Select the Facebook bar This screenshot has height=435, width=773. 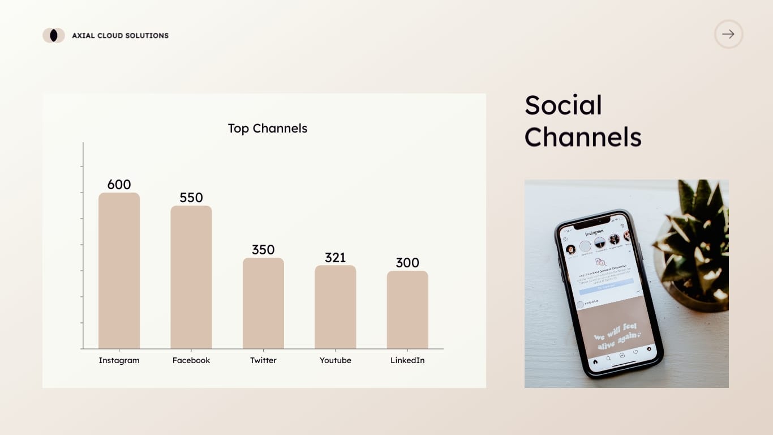pyautogui.click(x=191, y=277)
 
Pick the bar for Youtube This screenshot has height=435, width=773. pyautogui.click(x=336, y=307)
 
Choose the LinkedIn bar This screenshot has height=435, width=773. pyautogui.click(x=407, y=310)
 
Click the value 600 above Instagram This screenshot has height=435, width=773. pyautogui.click(x=119, y=185)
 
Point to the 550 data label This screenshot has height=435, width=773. pyautogui.click(x=191, y=198)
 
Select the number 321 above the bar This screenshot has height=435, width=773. pyautogui.click(x=336, y=258)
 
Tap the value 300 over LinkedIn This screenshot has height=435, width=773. pyautogui.click(x=407, y=263)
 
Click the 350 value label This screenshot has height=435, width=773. pyautogui.click(x=263, y=250)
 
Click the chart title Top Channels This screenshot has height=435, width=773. pyautogui.click(x=267, y=129)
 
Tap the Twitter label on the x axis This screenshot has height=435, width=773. pyautogui.click(x=263, y=360)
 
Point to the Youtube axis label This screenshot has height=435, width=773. pyautogui.click(x=336, y=360)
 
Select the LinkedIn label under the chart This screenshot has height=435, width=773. pyautogui.click(x=407, y=360)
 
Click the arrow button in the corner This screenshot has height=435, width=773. pyautogui.click(x=728, y=34)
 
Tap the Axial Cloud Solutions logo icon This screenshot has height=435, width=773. pyautogui.click(x=54, y=35)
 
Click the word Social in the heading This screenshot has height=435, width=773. pyautogui.click(x=563, y=105)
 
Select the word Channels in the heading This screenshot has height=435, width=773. pyautogui.click(x=583, y=137)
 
